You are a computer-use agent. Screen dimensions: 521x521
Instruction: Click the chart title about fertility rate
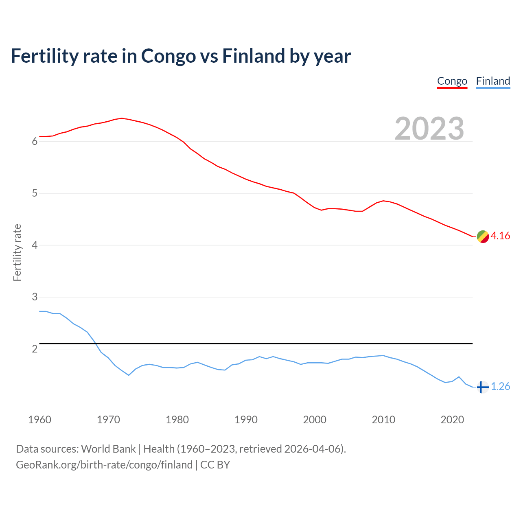(x=181, y=56)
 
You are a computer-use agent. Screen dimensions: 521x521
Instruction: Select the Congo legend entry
(x=452, y=81)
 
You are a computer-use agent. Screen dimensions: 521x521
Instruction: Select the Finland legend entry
(x=493, y=81)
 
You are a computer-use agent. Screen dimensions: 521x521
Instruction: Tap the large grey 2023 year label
(x=429, y=129)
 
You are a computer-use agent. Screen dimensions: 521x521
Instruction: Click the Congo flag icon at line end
(x=483, y=236)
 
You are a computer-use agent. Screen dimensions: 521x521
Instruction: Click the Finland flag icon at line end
(x=482, y=387)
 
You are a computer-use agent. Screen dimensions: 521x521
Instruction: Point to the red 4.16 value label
(x=500, y=236)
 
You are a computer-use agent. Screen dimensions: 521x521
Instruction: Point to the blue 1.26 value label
(x=500, y=387)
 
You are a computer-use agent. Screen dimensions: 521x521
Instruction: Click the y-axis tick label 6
(x=35, y=142)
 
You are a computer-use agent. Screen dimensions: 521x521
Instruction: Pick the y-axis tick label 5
(x=35, y=193)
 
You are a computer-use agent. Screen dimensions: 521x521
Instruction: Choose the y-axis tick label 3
(x=35, y=297)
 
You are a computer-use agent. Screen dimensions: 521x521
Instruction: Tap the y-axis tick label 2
(x=35, y=349)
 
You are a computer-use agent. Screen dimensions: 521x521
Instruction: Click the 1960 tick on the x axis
(x=39, y=420)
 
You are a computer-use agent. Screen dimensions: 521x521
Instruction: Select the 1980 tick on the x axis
(x=177, y=420)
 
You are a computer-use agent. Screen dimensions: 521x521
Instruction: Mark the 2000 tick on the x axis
(x=315, y=420)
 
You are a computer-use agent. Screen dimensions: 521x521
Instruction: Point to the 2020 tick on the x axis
(x=452, y=420)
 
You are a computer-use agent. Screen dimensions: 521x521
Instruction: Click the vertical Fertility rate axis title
(x=17, y=252)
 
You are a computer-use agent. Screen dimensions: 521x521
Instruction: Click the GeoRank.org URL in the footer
(x=104, y=465)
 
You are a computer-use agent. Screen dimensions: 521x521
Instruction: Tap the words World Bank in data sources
(x=108, y=449)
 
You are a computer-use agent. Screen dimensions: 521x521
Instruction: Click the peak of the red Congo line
(x=122, y=118)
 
